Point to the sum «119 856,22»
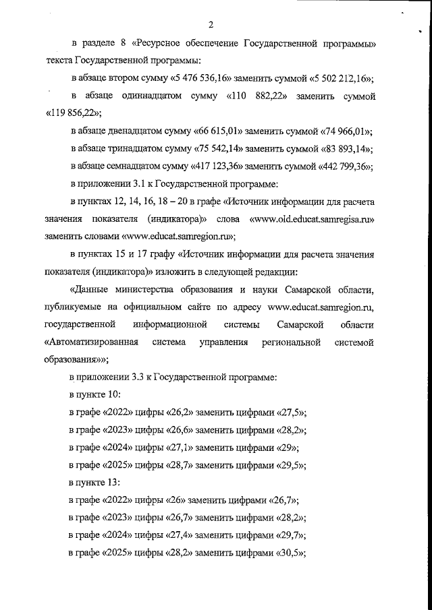(x=72, y=114)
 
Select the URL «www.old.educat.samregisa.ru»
(x=312, y=219)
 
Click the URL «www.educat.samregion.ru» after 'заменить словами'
(x=178, y=237)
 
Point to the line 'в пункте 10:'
(x=95, y=395)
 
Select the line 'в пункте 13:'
(x=95, y=483)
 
